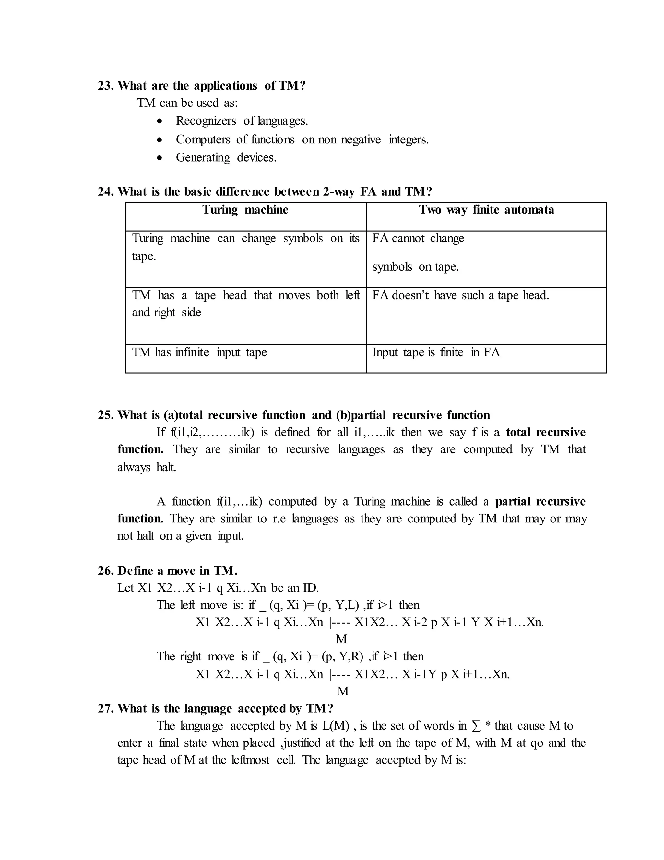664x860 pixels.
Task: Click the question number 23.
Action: click(105, 86)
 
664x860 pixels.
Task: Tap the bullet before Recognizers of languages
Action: click(159, 121)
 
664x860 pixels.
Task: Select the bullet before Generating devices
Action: click(159, 158)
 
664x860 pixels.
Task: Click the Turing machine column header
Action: click(245, 210)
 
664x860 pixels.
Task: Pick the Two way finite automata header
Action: click(486, 210)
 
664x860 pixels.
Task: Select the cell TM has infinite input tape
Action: click(199, 352)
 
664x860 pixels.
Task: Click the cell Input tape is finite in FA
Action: click(436, 352)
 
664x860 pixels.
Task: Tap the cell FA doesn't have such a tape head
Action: click(460, 295)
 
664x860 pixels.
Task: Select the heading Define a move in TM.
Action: click(177, 571)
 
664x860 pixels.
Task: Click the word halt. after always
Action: click(166, 467)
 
